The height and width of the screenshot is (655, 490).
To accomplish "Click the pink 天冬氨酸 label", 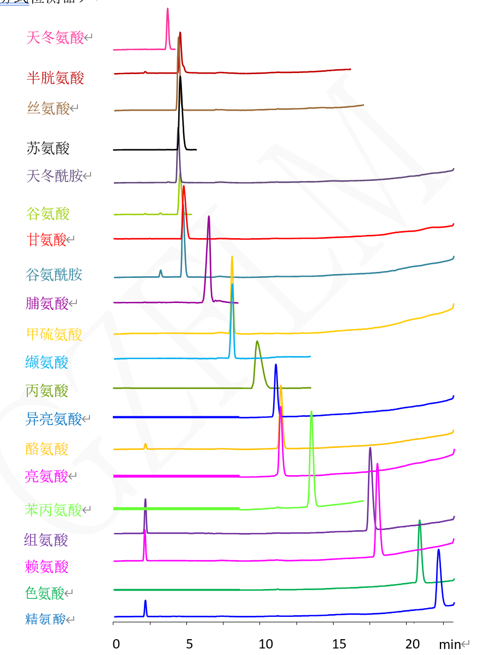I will pos(55,38).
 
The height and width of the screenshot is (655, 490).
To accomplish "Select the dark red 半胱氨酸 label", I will pos(56,78).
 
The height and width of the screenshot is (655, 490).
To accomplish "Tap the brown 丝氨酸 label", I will pos(49,108).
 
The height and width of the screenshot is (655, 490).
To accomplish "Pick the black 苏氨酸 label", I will pos(48,148).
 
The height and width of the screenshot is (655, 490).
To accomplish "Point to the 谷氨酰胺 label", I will pos(54,274).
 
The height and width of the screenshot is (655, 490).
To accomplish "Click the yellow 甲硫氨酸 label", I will pos(54,334).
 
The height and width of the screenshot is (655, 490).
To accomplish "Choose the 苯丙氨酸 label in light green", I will pos(53,510).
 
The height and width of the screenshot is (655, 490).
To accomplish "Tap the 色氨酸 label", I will pos(45,593).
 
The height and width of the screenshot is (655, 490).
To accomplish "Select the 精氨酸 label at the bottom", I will pos(45,619).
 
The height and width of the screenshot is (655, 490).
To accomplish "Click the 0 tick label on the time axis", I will pos(116,644).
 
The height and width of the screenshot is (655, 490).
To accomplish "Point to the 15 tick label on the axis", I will pos(339,644).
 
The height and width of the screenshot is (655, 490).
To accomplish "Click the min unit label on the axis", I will pos(450,645).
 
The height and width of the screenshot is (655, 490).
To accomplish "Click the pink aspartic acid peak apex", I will pos(167,9).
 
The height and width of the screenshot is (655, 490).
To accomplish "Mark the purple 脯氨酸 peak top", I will pos(209,217).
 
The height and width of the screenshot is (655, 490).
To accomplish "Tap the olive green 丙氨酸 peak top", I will pos(257,342).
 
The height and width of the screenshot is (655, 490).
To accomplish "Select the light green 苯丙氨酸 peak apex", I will pos(311,412).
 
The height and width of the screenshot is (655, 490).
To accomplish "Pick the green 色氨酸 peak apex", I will pos(420,521).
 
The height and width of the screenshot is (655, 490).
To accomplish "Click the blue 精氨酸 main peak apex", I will pos(438,550).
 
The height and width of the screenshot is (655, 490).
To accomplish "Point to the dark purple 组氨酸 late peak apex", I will pos(370,448).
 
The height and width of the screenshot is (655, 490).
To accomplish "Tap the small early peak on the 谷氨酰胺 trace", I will pos(160,270).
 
